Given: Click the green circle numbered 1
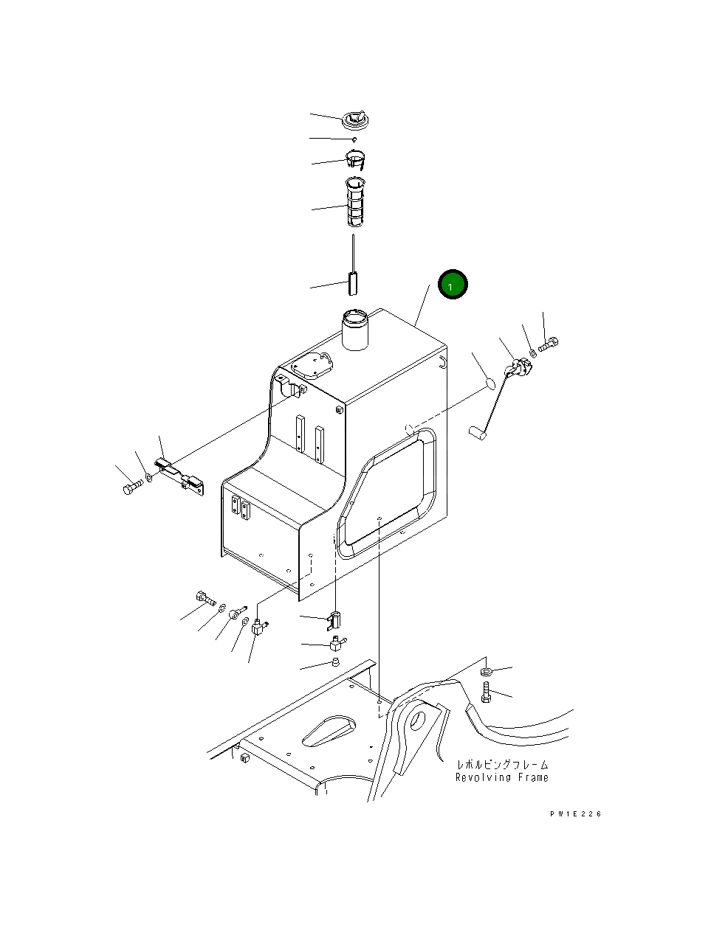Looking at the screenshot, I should coord(453,284).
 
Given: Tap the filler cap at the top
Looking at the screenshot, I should coord(355,120).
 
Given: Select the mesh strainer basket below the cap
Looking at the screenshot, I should coord(356,203).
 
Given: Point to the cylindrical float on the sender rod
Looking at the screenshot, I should coord(476,434).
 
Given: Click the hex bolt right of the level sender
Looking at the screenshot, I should coord(549,343).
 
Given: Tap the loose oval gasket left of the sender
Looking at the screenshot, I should coord(490,383).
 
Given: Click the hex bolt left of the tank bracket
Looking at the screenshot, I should coord(131,487).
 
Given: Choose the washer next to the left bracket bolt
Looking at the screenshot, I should coord(149,477).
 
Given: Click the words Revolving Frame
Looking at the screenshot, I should coord(501,777).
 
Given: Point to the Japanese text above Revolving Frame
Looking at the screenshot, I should coord(502,765).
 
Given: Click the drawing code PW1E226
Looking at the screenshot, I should coord(575,813).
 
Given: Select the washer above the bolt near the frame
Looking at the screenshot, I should coord(486,671).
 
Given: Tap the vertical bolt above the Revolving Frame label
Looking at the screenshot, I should coord(485,692).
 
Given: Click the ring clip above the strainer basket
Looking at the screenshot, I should coord(357,158).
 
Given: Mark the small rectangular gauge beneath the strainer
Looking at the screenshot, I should coord(352,282).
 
